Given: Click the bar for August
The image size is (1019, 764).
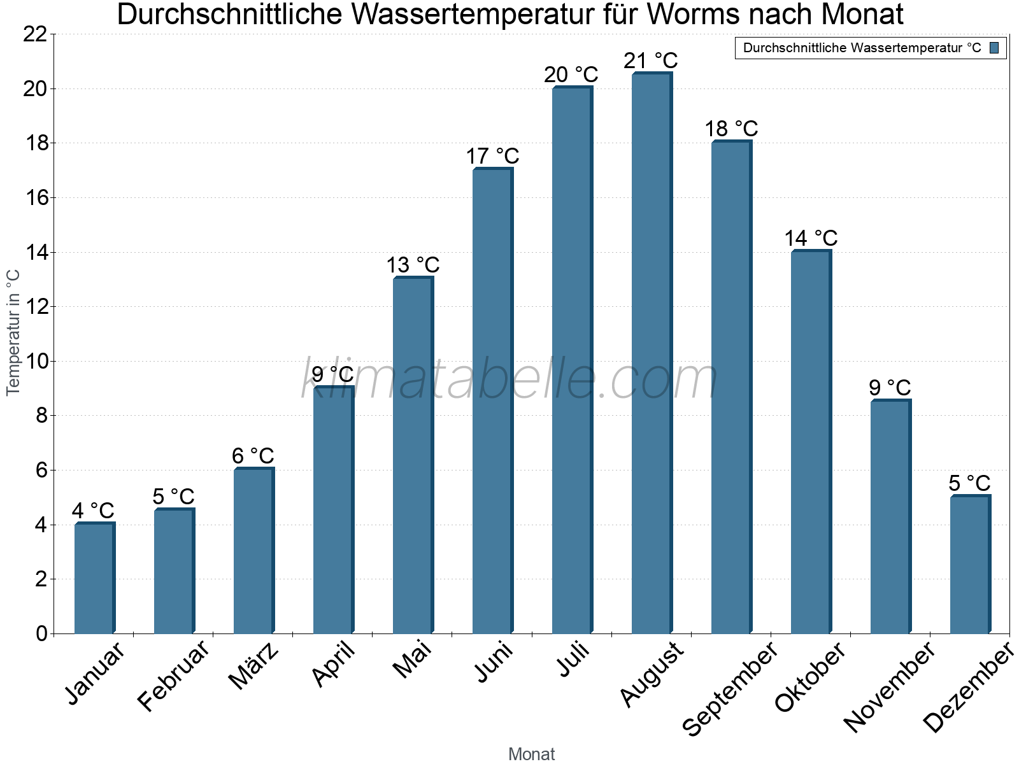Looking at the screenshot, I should (652, 353).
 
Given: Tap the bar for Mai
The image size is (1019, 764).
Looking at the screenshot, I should (413, 455).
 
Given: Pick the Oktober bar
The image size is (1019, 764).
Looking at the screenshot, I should (811, 442).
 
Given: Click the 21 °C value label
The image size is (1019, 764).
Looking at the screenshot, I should (650, 61).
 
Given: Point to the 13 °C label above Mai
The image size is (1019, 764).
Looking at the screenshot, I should (413, 265).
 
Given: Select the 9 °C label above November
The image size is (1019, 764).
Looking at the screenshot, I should (890, 388).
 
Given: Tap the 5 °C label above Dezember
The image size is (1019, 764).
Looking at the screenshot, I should (969, 483).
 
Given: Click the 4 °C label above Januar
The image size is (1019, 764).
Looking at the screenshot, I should (93, 511).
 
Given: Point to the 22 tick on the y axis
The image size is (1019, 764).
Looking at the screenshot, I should (35, 34).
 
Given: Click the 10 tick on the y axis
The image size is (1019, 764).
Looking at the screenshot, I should (35, 362).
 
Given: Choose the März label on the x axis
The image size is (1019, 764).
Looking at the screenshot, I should (253, 666).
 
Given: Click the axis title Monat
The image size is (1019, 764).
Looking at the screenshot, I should (531, 754).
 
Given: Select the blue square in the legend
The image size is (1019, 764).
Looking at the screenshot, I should (994, 48).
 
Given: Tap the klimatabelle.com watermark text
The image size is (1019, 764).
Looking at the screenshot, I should (509, 380).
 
